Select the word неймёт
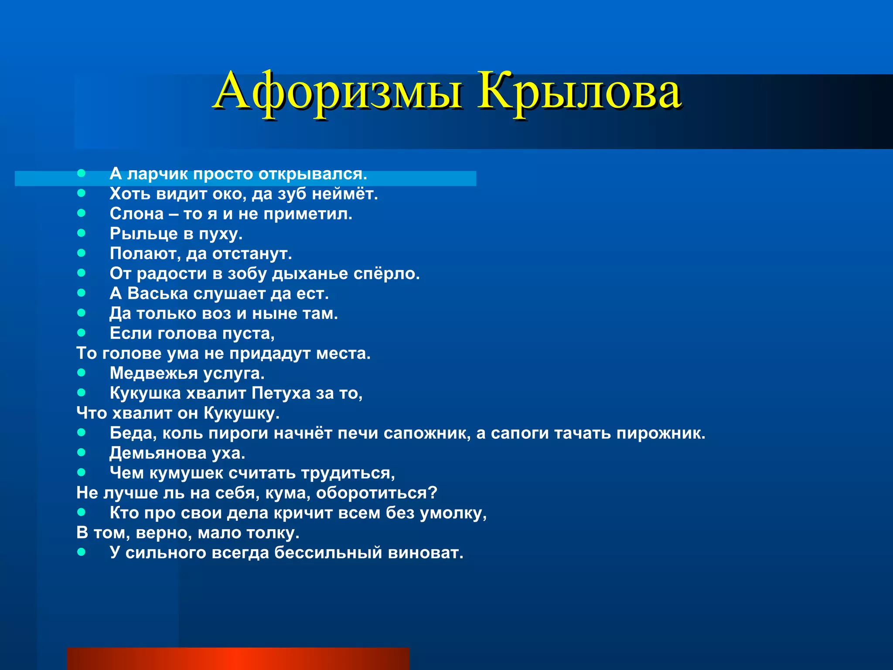[x=344, y=194]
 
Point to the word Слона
[x=136, y=214]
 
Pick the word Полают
[x=145, y=254]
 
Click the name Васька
[x=157, y=294]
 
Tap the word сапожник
[x=427, y=433]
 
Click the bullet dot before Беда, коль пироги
[x=81, y=432]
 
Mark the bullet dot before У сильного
[x=81, y=552]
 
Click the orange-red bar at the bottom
[x=238, y=659]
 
